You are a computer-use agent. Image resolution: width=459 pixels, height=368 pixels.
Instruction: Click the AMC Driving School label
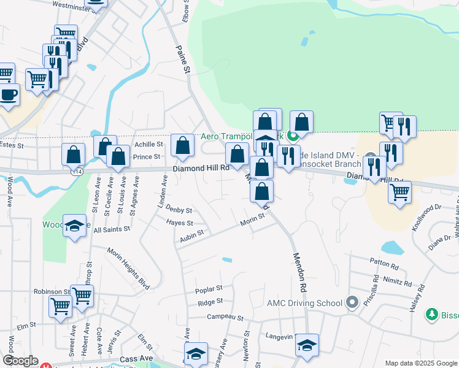304,303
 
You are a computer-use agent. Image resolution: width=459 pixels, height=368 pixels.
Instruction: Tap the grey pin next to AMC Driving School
352,302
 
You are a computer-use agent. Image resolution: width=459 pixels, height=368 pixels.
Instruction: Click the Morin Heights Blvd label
129,260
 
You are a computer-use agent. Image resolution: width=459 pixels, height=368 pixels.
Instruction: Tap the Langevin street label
280,336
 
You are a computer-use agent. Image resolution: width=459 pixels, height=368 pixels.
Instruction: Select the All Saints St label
110,228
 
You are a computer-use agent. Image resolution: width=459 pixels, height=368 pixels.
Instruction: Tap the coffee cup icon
8,94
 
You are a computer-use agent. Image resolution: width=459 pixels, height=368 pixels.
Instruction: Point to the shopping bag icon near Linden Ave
182,145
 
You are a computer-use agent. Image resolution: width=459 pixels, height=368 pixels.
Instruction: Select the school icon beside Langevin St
307,345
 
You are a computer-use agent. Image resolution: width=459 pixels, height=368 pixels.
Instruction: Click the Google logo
20,361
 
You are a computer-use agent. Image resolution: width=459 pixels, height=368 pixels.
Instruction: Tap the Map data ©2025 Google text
420,363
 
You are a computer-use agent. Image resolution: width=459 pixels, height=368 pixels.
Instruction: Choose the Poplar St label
208,288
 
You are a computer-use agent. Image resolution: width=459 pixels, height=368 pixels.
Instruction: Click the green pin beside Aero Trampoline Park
293,136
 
